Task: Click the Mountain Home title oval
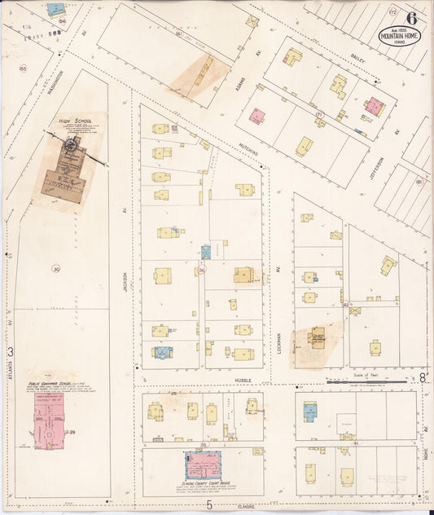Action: [x=399, y=36]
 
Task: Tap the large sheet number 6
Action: [x=413, y=18]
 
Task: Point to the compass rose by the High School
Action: [x=72, y=145]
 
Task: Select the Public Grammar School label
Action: [x=55, y=382]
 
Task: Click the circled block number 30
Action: [x=56, y=268]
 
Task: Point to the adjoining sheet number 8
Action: [x=423, y=376]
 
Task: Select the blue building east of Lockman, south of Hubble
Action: [x=310, y=412]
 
